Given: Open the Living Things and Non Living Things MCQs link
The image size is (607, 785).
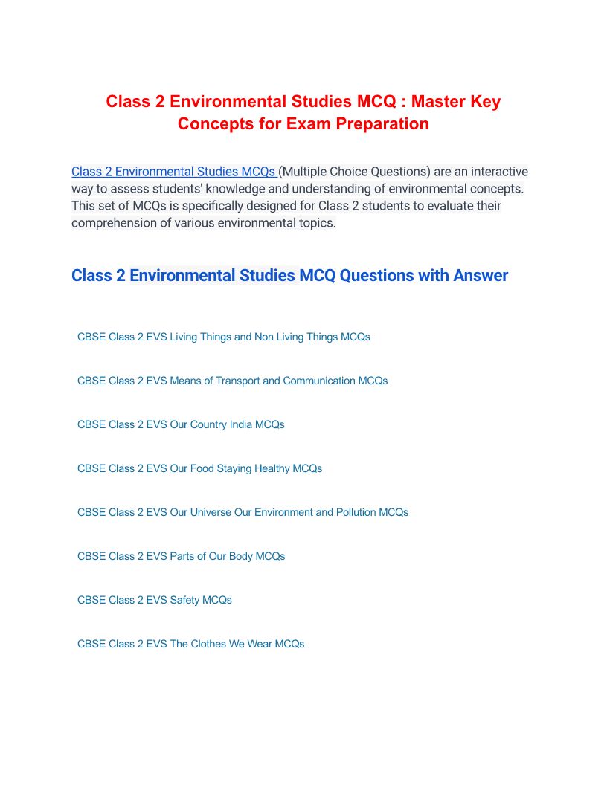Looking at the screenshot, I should [223, 337].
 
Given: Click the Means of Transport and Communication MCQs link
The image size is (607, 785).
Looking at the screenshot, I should [232, 381].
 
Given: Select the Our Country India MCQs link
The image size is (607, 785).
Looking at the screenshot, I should [181, 424].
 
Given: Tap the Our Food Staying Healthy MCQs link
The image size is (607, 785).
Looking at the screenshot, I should [199, 468].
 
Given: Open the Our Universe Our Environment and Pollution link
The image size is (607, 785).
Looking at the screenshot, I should [243, 512].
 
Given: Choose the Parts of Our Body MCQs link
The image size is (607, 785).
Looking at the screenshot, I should [181, 556].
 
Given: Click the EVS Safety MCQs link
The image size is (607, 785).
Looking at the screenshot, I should [154, 600].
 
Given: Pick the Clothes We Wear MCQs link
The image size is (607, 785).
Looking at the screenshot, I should [190, 644].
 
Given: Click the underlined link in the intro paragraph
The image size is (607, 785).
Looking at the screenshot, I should [174, 172].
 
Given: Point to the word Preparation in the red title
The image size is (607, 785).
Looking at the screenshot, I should [382, 123].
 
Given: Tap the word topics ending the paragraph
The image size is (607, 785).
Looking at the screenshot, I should [316, 223].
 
